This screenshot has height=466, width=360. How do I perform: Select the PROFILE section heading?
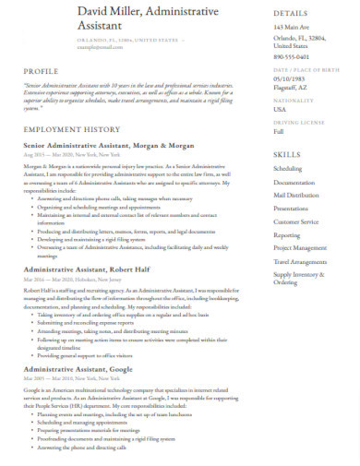41,70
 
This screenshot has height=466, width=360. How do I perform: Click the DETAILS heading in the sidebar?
290,14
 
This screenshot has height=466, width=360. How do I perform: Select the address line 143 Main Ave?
293,28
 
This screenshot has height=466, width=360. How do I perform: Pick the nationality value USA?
280,110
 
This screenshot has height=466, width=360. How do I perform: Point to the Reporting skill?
287,235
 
